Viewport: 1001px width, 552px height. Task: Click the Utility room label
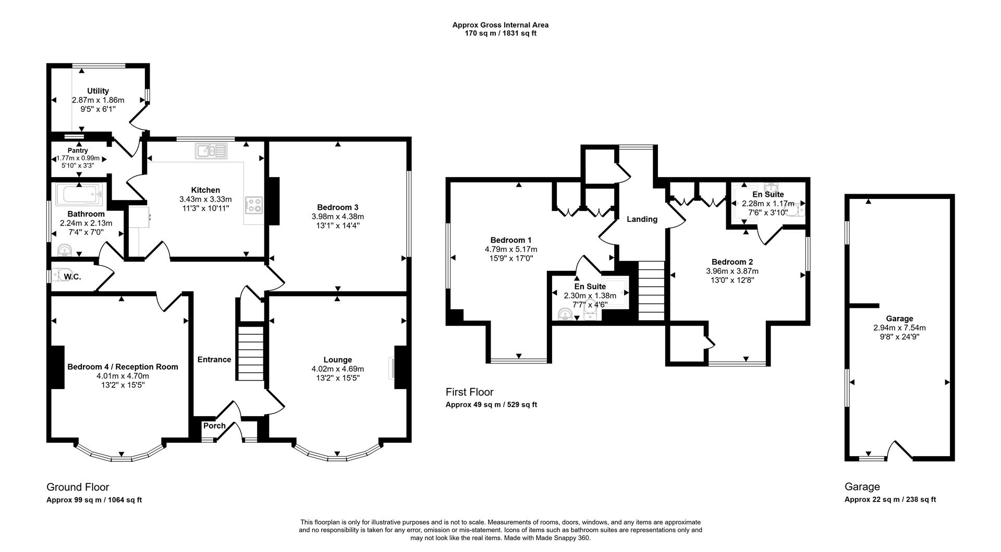pos(98,91)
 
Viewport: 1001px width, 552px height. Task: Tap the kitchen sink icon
pos(211,151)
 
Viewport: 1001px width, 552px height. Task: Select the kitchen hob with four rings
pos(254,205)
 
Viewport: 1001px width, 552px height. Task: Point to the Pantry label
pos(78,150)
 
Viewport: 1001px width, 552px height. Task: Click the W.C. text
pos(73,277)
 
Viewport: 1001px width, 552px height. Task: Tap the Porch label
pos(214,425)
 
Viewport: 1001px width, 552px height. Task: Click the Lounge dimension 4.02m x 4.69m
pos(337,369)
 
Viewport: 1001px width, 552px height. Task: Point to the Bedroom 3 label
pos(338,207)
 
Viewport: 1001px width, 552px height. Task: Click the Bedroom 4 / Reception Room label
pos(123,367)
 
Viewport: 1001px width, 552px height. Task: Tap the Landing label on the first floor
pos(642,219)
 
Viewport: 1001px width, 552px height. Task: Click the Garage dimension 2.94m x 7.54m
pos(899,328)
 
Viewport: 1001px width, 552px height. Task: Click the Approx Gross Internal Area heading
pos(500,24)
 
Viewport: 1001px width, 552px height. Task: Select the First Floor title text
pos(469,392)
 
